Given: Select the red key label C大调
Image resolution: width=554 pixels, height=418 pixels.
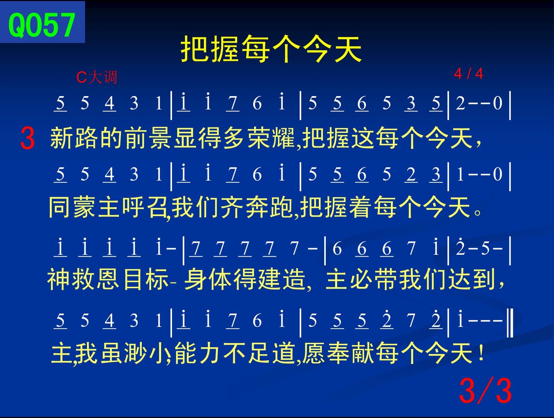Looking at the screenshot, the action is [x=97, y=77].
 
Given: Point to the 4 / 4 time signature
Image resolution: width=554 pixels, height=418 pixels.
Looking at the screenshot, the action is [x=468, y=74].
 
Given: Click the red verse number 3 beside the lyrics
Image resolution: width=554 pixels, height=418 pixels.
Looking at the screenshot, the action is [x=27, y=138].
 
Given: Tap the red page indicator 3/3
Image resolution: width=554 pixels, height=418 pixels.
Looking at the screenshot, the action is [x=485, y=391].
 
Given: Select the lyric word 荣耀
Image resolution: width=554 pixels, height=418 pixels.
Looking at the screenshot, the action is [x=271, y=138].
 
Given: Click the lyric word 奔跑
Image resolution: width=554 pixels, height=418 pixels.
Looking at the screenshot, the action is [x=269, y=208].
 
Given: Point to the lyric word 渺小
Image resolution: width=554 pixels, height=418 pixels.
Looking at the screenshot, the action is [x=147, y=353].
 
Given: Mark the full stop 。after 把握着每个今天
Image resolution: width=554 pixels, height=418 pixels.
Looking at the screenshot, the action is [x=477, y=212].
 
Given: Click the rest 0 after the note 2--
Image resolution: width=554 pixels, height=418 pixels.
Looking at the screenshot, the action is [x=498, y=103].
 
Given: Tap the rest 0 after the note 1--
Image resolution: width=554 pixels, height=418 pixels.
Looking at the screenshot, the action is [x=498, y=174].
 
